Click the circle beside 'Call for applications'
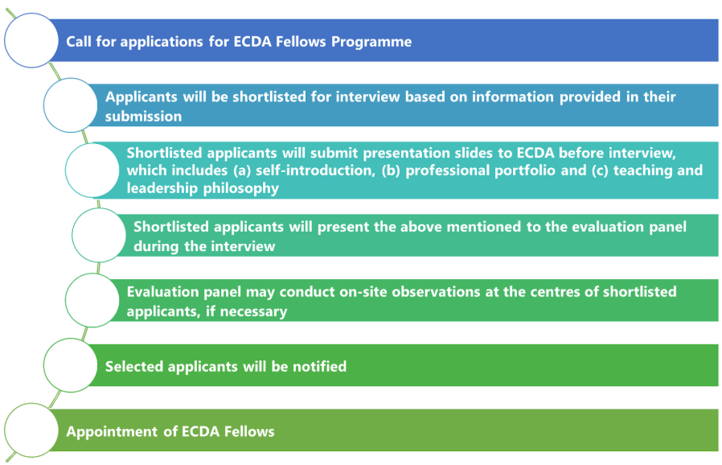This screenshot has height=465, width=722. [x=31, y=40]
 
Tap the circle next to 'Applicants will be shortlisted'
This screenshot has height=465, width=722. [x=71, y=105]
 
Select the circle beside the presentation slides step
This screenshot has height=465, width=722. [x=92, y=170]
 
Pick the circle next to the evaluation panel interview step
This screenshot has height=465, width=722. [x=99, y=235]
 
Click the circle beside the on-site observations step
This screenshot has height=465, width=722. [x=92, y=300]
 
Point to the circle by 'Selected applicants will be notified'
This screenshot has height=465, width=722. [x=71, y=365]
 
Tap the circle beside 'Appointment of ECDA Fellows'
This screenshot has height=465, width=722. [x=31, y=430]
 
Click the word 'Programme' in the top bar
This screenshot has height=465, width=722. [x=371, y=42]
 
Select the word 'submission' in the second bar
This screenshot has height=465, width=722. [x=143, y=116]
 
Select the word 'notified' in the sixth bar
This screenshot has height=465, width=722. [x=319, y=366]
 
